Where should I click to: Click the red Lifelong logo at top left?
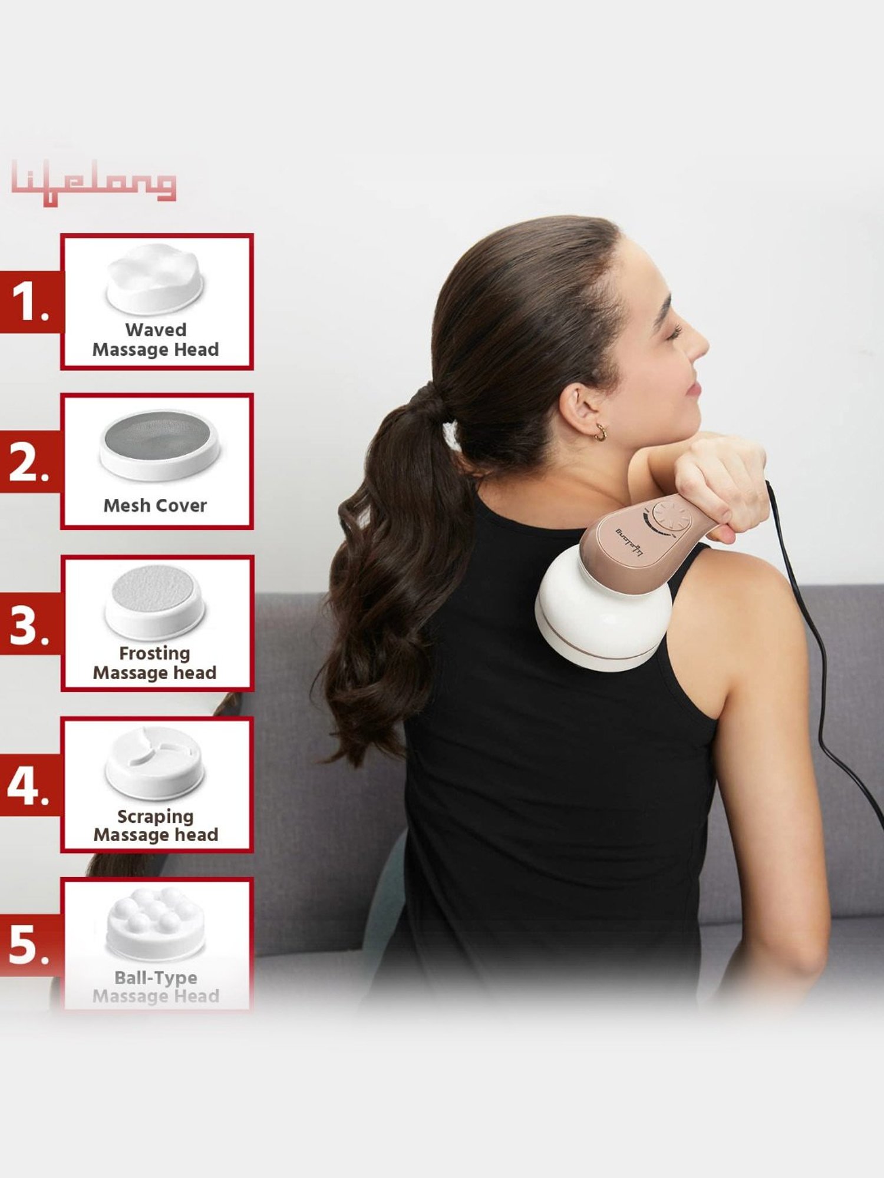93,182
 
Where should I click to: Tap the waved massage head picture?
155,278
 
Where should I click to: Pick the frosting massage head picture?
155,601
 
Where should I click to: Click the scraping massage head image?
155,763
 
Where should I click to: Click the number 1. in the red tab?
29,302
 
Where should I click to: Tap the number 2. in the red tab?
28,463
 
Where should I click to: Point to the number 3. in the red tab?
28,624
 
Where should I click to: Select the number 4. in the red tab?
28,786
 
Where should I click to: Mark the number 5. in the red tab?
28,947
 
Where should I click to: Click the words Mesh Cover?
155,505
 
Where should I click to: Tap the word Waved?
156,330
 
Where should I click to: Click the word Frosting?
154,653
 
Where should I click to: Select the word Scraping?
155,816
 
